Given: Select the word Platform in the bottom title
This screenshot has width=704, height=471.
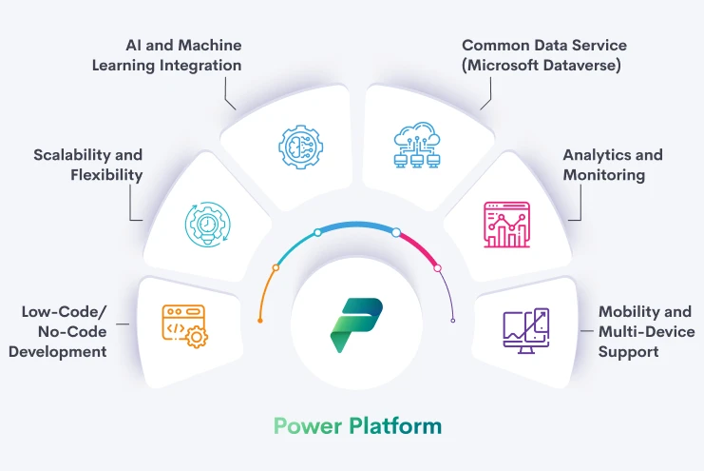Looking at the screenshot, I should [x=395, y=425].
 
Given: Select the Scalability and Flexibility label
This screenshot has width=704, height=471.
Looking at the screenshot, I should [x=87, y=165].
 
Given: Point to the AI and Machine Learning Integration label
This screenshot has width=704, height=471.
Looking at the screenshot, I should [x=183, y=55].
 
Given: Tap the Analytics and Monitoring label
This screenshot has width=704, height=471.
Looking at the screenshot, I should [x=612, y=165].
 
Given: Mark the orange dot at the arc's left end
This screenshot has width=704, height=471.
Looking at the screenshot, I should [x=260, y=322].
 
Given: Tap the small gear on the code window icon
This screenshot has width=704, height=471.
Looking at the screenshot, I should [x=197, y=336].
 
